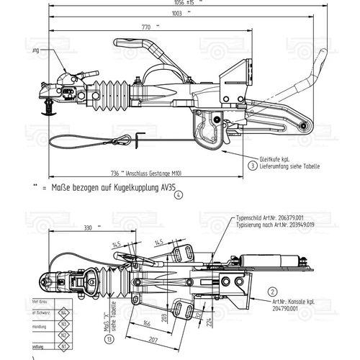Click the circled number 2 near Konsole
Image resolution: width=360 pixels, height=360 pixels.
(273, 292)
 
